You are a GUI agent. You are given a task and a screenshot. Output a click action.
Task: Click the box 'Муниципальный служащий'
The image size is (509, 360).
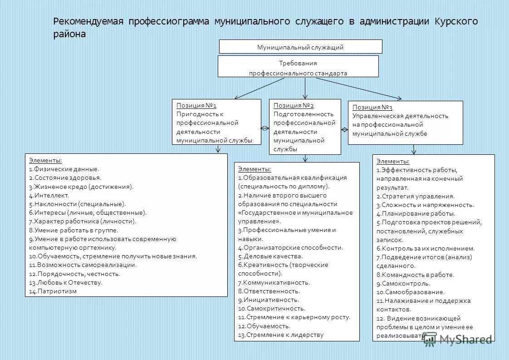tap(300, 47)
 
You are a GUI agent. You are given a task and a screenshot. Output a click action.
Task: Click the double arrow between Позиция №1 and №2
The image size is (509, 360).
tap(265, 128)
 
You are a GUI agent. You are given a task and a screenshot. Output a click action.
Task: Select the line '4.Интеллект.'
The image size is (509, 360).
tap(49, 195)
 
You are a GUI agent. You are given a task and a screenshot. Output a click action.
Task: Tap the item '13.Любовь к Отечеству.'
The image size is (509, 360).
tap(66, 282)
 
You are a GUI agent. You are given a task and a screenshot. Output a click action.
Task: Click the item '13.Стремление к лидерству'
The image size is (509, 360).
tap(281, 335)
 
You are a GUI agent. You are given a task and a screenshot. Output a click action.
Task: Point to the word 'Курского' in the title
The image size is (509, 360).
tap(456, 21)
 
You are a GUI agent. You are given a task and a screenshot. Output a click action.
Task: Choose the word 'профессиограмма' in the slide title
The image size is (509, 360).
tap(167, 21)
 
